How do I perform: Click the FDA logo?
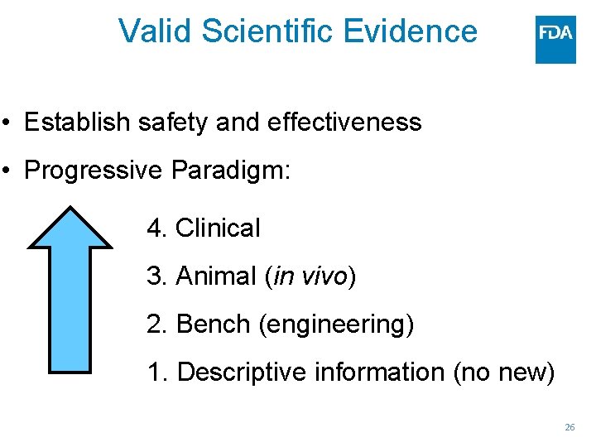point(555,39)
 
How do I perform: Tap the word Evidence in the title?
point(410,31)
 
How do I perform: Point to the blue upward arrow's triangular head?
point(70,228)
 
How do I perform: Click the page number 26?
point(570,427)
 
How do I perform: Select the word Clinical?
point(218,228)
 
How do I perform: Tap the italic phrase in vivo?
point(310,276)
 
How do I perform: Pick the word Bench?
point(214,324)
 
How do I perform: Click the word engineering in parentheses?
point(336,324)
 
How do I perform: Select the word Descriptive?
point(239,372)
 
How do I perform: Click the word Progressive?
point(94,171)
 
